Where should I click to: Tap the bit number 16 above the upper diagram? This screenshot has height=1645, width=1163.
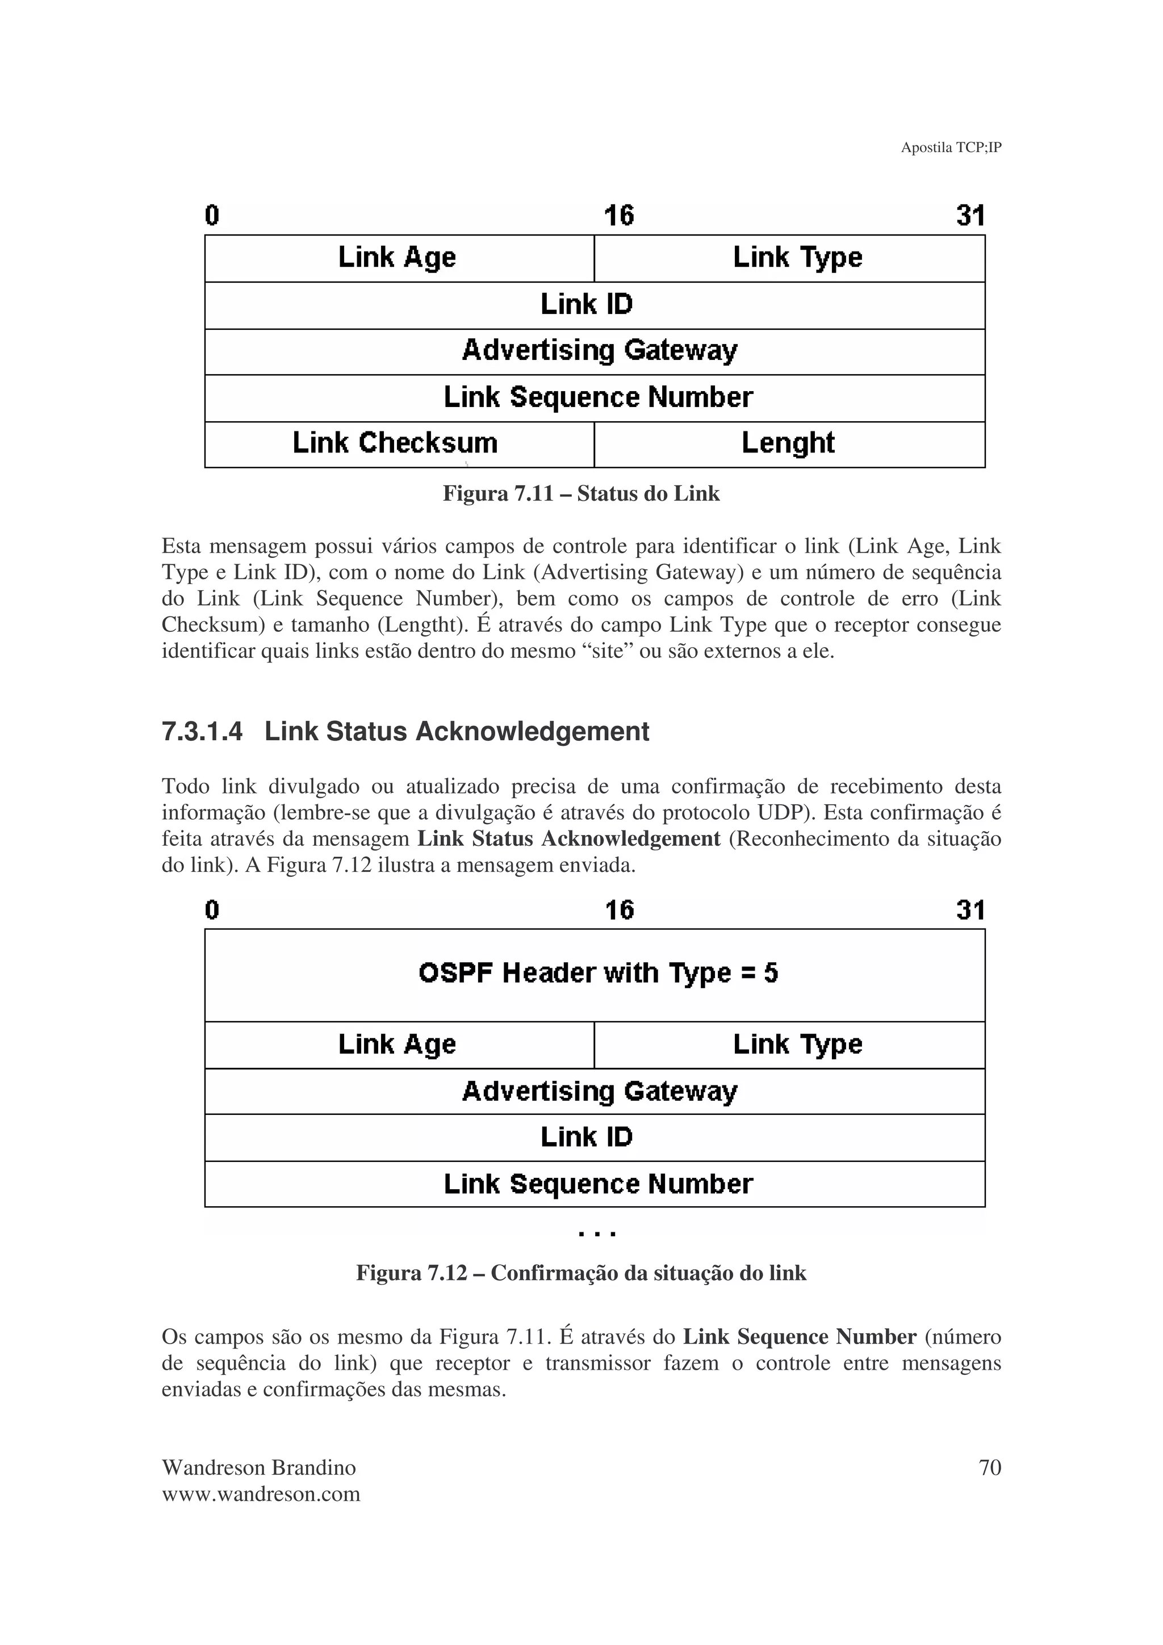pyautogui.click(x=618, y=216)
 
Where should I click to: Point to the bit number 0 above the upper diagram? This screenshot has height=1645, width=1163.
pyautogui.click(x=212, y=216)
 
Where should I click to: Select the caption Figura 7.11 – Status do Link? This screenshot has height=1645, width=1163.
pyautogui.click(x=580, y=494)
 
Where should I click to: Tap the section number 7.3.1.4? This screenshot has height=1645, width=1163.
pyautogui.click(x=202, y=732)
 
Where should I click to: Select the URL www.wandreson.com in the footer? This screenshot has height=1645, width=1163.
pyautogui.click(x=261, y=1494)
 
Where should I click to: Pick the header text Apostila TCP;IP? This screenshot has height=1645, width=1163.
pyautogui.click(x=950, y=148)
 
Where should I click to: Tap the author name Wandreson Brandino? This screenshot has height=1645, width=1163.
pyautogui.click(x=259, y=1467)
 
